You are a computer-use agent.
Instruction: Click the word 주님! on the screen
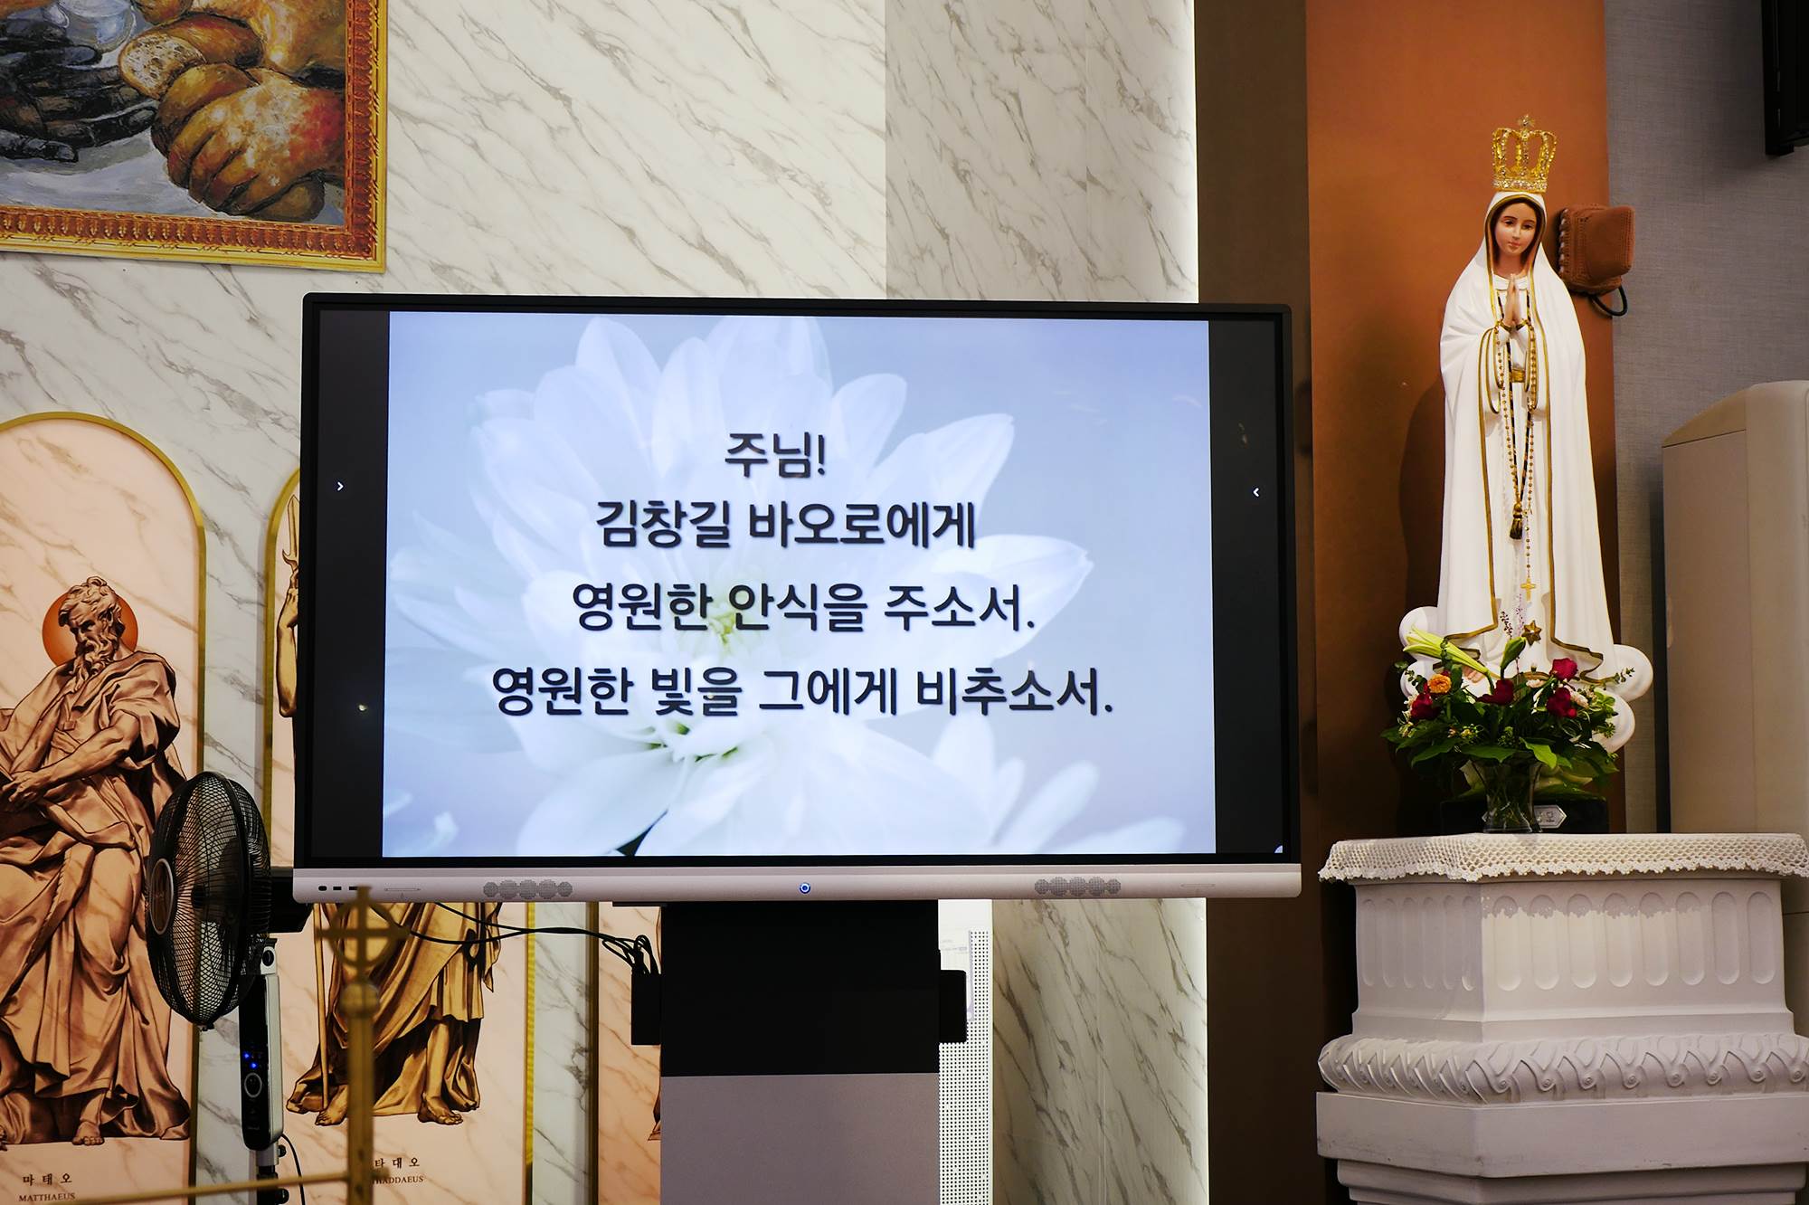pyautogui.click(x=775, y=454)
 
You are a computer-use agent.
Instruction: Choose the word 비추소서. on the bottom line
pyautogui.click(x=1013, y=691)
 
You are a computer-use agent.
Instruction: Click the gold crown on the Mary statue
pyautogui.click(x=1525, y=156)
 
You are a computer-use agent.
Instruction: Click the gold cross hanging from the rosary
pyautogui.click(x=1527, y=587)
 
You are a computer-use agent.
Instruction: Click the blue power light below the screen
pyautogui.click(x=804, y=888)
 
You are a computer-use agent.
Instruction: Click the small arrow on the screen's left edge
pyautogui.click(x=340, y=487)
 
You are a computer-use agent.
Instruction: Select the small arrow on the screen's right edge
pyautogui.click(x=1256, y=492)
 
